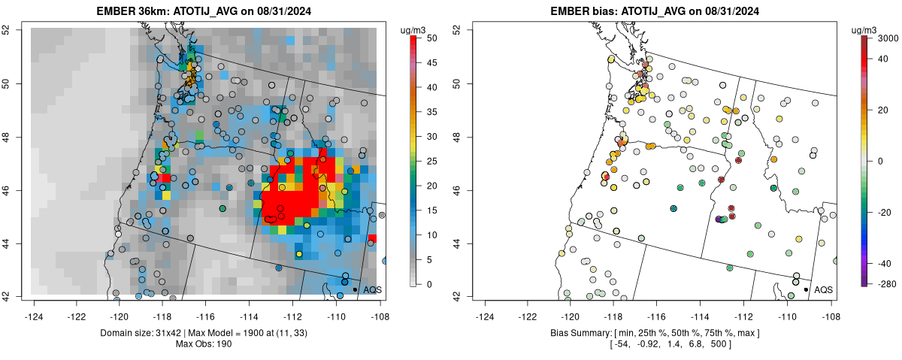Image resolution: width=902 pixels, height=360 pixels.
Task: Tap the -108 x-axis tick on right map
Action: click(x=830, y=307)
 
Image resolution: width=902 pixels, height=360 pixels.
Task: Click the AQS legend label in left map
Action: click(x=372, y=289)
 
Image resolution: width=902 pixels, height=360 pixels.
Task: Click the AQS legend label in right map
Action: click(x=823, y=289)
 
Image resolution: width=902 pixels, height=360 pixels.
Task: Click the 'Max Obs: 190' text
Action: click(x=207, y=343)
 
